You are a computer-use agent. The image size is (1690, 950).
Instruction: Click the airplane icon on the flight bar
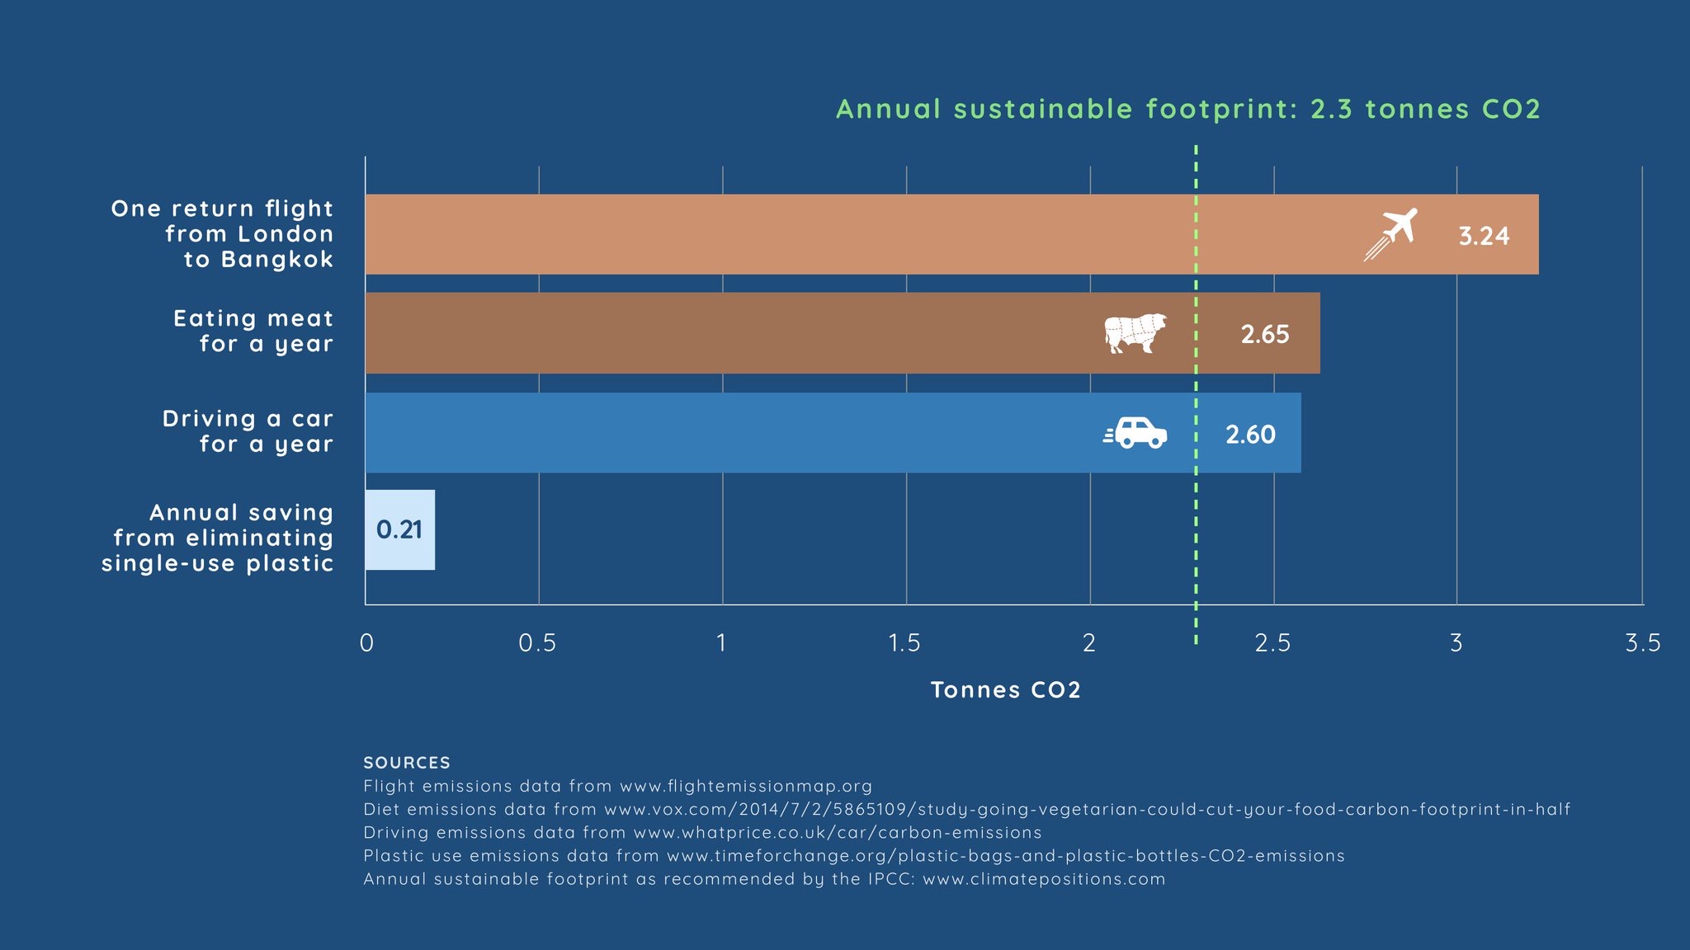point(1391,234)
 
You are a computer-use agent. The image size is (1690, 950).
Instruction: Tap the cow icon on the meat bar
point(1135,333)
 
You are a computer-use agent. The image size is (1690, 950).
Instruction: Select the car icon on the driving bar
point(1136,433)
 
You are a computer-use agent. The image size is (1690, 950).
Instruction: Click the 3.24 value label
point(1484,236)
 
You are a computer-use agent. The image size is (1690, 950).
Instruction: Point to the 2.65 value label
point(1264,334)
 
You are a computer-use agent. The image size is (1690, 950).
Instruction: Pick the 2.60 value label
point(1250,434)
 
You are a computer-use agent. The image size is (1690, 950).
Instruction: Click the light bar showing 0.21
point(400,529)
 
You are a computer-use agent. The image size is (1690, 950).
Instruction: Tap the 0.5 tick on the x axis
point(537,643)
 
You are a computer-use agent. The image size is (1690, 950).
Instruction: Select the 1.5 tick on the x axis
point(904,643)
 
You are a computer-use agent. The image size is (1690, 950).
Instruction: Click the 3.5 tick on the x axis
point(1642,643)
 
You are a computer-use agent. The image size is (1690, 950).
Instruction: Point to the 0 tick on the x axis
point(366,643)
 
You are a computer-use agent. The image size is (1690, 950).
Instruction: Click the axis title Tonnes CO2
point(1005,690)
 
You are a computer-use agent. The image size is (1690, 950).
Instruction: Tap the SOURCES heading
point(407,763)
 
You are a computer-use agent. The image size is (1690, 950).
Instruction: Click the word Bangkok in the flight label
point(276,260)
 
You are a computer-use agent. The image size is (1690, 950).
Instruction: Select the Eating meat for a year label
point(253,331)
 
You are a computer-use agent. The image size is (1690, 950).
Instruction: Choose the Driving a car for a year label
point(248,430)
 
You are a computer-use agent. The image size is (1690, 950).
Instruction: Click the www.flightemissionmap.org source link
point(745,786)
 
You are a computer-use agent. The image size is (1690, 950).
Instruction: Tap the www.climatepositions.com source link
point(1044,879)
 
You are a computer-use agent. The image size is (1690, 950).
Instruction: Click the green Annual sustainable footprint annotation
point(1187,109)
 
